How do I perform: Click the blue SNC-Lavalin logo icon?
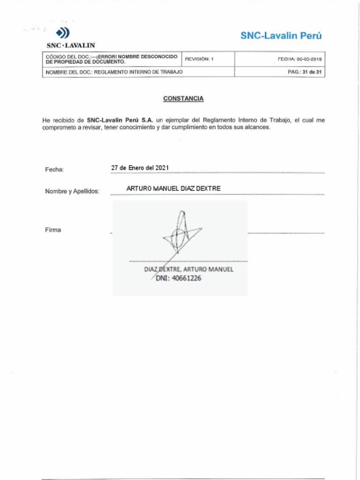coord(63,33)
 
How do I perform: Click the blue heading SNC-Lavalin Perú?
coord(281,36)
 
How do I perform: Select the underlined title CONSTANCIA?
coord(183,98)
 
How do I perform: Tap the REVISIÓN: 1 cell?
coord(199,60)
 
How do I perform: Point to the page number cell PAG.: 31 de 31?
coord(305,72)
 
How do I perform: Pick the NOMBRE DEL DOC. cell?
coord(114,72)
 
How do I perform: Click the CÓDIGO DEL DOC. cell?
coord(112,59)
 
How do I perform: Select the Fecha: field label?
coord(54,169)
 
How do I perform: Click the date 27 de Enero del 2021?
coord(140,168)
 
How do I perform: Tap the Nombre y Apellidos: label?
coord(72,191)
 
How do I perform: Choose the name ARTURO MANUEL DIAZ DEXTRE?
coord(173,188)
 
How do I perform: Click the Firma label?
coord(53,230)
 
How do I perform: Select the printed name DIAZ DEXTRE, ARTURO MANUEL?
coord(188,270)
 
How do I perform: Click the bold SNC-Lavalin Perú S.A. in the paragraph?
coord(120,120)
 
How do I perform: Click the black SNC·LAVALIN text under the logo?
coord(71,45)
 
